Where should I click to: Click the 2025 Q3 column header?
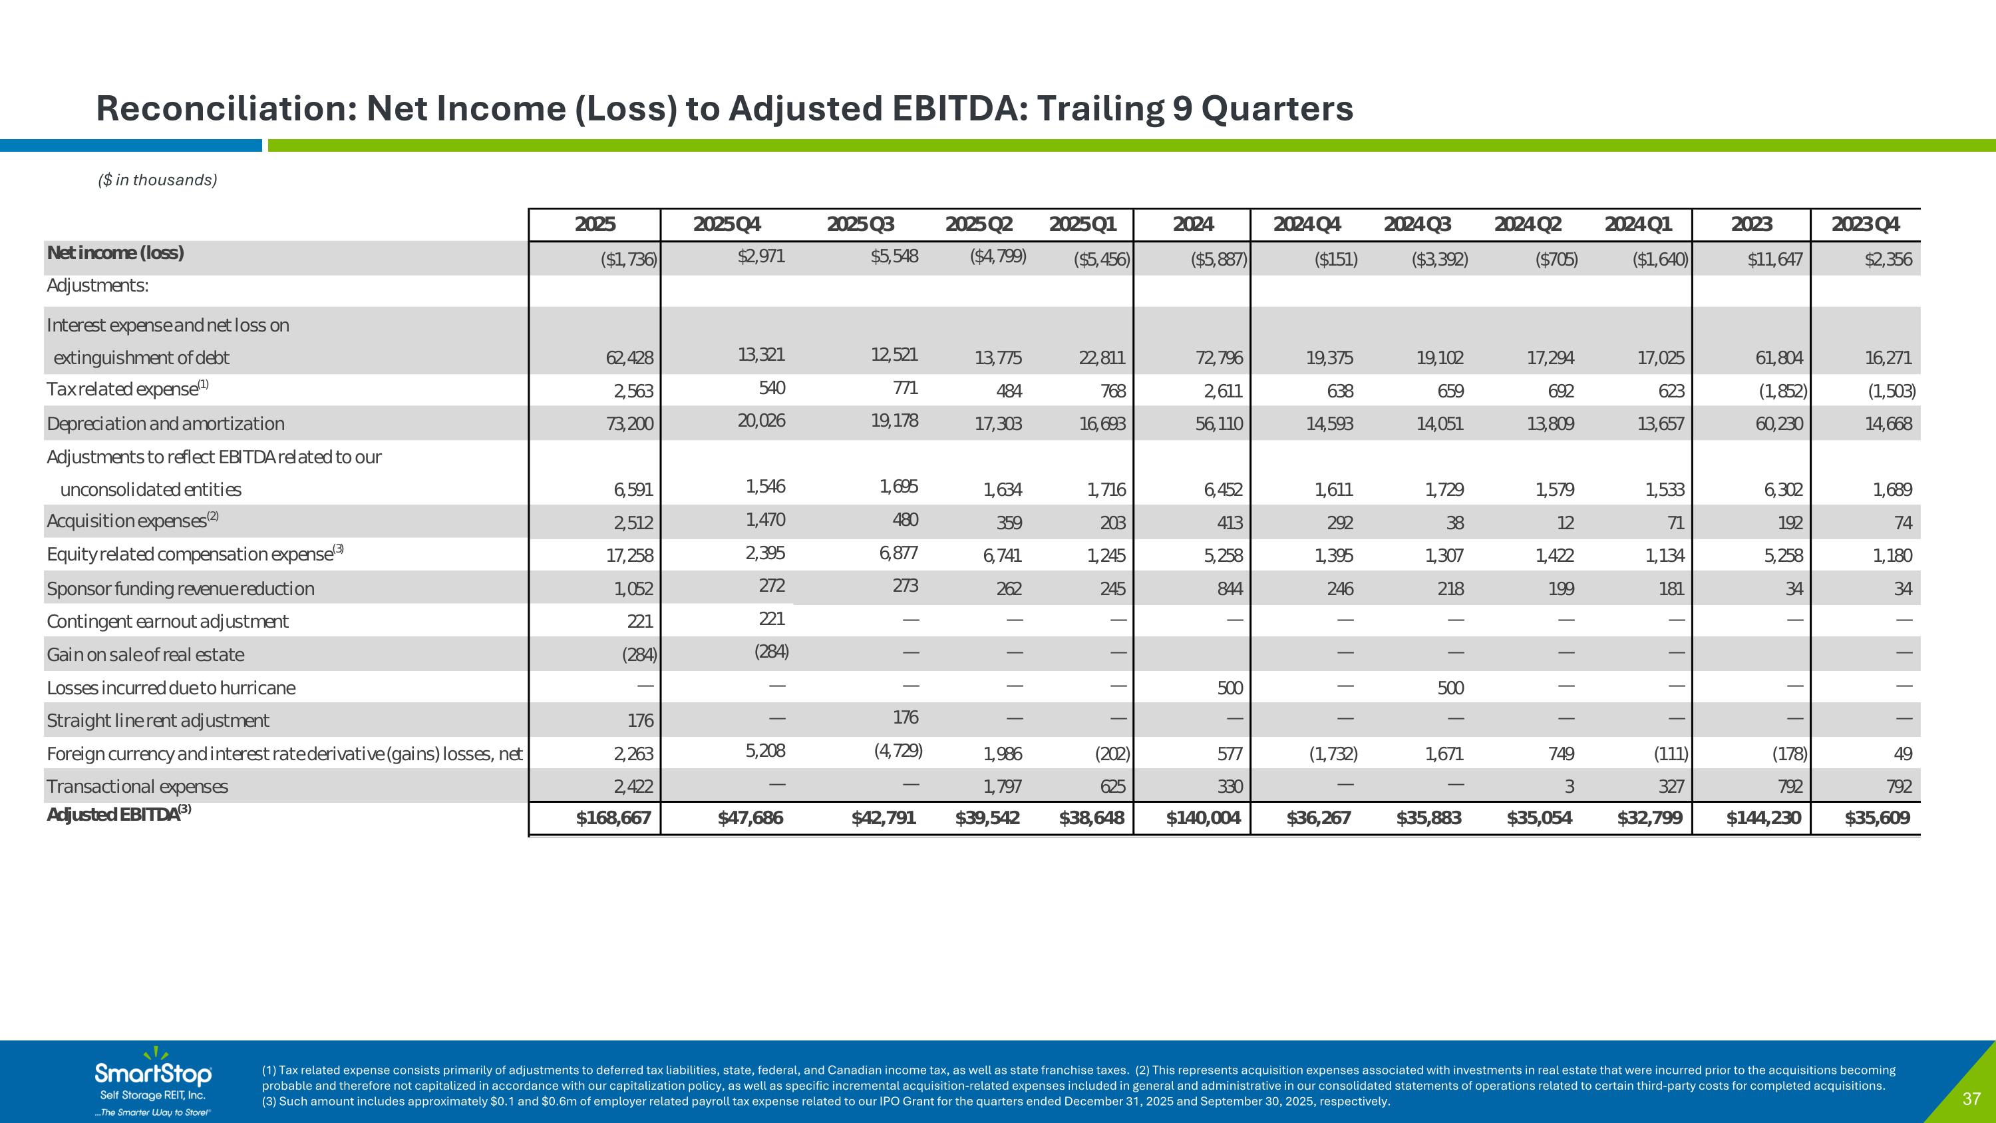click(860, 225)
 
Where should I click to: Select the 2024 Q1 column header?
click(1638, 225)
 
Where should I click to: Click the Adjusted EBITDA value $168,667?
click(613, 817)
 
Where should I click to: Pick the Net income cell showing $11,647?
click(1774, 260)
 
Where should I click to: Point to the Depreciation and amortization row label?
click(165, 424)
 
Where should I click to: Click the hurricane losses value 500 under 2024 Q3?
click(1450, 688)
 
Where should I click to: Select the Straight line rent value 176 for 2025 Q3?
click(905, 718)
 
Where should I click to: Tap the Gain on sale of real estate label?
click(145, 655)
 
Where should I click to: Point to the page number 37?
click(1971, 1099)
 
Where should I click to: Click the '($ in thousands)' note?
click(157, 180)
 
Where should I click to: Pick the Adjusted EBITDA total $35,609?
click(1877, 817)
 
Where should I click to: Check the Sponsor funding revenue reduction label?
click(180, 589)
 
